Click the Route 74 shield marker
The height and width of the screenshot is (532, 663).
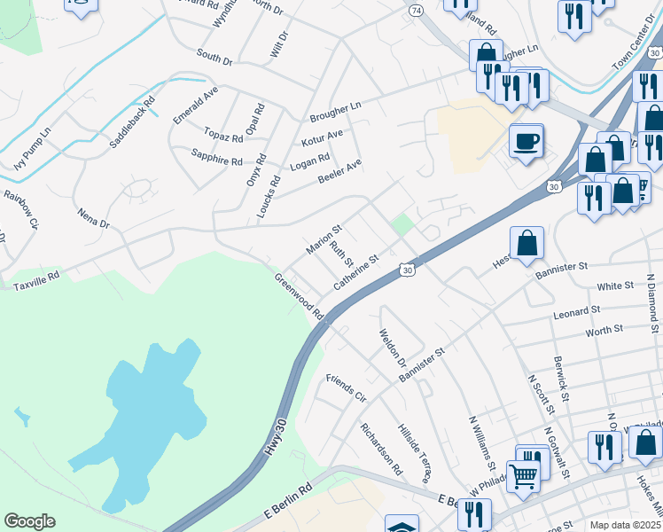(416, 9)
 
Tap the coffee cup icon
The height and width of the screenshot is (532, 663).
(526, 141)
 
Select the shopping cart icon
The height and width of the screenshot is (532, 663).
(524, 475)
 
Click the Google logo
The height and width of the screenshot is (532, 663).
(29, 521)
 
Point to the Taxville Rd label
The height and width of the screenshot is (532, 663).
(35, 281)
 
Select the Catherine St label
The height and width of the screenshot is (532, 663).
(356, 273)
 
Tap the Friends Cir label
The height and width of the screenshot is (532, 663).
(346, 387)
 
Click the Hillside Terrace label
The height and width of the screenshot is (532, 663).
(414, 451)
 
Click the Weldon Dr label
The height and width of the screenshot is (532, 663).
(392, 349)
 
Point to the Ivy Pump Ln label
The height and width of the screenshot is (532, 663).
(33, 152)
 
